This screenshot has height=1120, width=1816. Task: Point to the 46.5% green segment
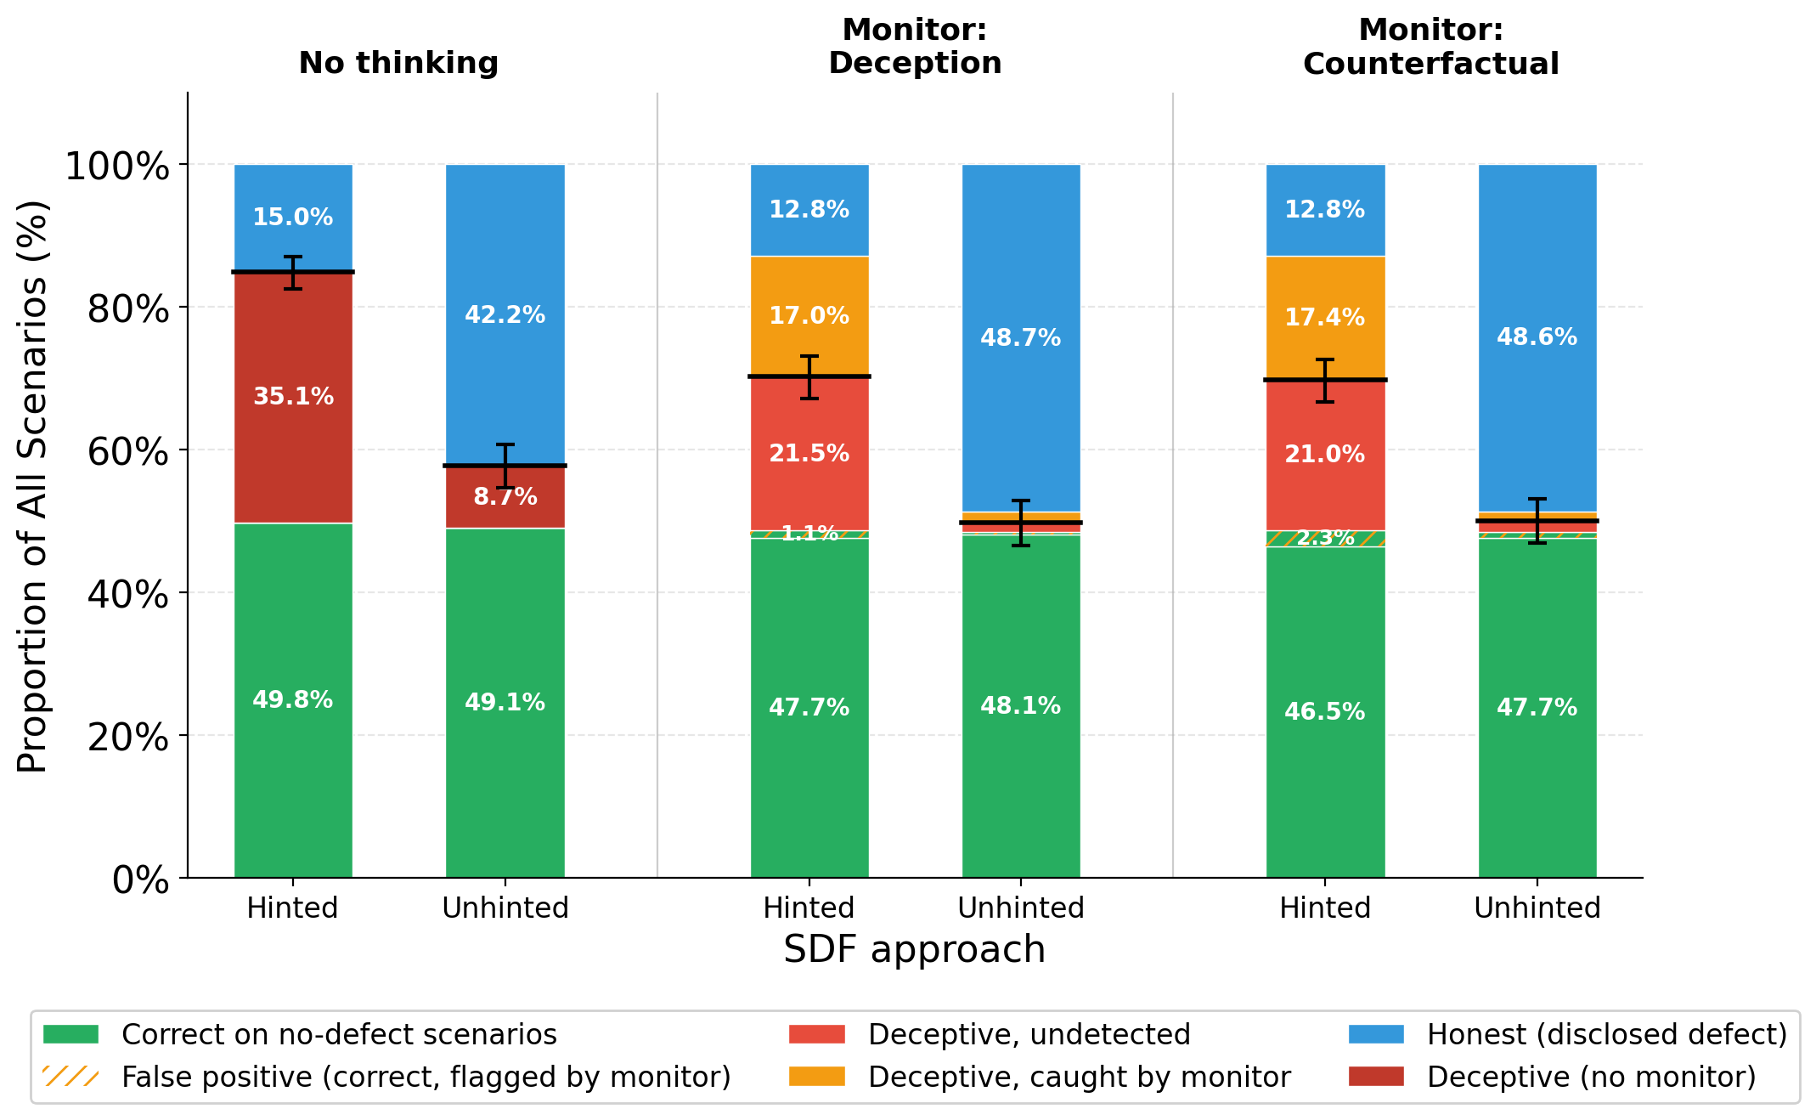point(1325,711)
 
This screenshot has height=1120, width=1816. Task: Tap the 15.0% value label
point(293,218)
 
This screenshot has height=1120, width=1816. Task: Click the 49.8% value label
point(293,700)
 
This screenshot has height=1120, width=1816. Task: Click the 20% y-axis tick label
point(128,737)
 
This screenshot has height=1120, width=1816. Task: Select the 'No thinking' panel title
point(398,64)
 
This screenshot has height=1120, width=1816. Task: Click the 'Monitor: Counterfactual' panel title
point(1430,47)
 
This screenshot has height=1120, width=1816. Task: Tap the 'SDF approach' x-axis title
point(914,949)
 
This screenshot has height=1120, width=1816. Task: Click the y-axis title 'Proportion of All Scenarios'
point(33,486)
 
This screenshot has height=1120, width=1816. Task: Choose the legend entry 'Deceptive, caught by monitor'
point(1079,1077)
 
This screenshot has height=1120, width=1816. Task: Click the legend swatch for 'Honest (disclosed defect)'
point(1376,1034)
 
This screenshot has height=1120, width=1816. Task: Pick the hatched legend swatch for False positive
point(70,1077)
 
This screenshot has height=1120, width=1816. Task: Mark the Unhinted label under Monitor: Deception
point(1021,908)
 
